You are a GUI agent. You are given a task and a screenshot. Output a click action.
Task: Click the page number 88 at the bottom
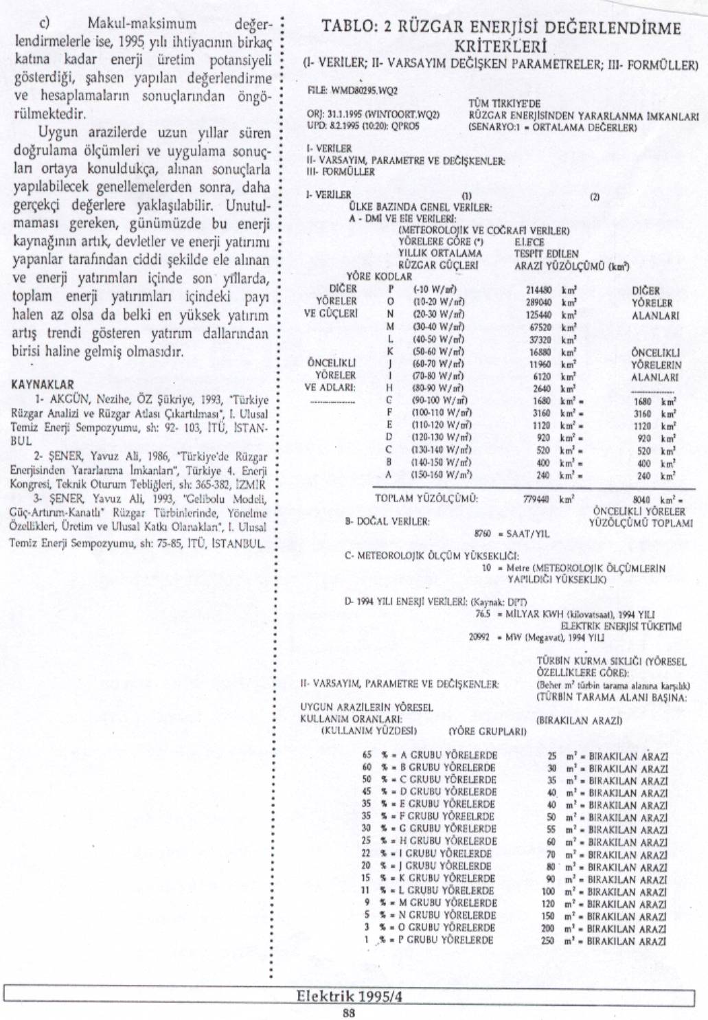point(349,1010)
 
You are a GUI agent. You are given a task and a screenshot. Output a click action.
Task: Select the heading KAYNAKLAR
point(43,385)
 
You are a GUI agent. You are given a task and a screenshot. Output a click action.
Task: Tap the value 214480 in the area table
point(538,291)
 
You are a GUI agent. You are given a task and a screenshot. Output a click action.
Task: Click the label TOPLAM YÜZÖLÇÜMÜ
point(426,499)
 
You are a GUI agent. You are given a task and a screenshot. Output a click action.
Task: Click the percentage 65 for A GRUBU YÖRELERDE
point(367,755)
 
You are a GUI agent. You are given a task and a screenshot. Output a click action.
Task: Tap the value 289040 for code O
point(538,302)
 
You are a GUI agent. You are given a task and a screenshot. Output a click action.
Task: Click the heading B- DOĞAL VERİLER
point(387,521)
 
